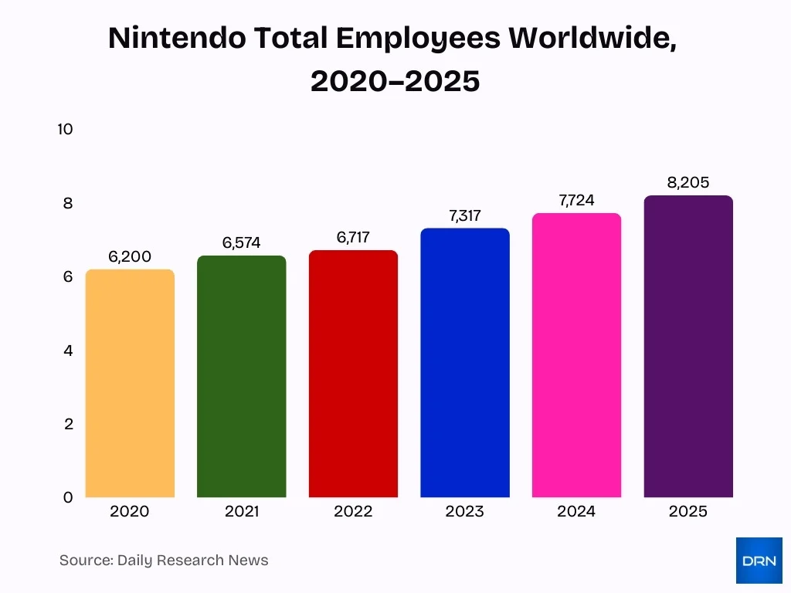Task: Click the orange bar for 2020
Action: (x=130, y=384)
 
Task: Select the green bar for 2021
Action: (x=241, y=377)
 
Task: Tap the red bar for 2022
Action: (x=353, y=374)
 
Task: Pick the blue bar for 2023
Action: (x=465, y=363)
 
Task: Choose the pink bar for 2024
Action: (x=576, y=355)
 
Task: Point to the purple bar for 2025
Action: (x=688, y=347)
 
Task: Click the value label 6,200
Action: (x=130, y=257)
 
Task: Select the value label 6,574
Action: (x=241, y=243)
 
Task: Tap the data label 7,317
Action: (x=465, y=216)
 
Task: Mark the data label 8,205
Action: (x=688, y=183)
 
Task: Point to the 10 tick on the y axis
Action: (x=65, y=129)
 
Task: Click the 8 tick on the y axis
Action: (x=67, y=203)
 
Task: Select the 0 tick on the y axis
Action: (x=67, y=498)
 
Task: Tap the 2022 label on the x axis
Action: (x=353, y=512)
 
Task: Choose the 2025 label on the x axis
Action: (x=688, y=512)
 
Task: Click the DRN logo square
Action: (x=759, y=561)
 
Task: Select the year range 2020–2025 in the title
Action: (x=395, y=80)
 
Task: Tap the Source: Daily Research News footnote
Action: (x=164, y=561)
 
